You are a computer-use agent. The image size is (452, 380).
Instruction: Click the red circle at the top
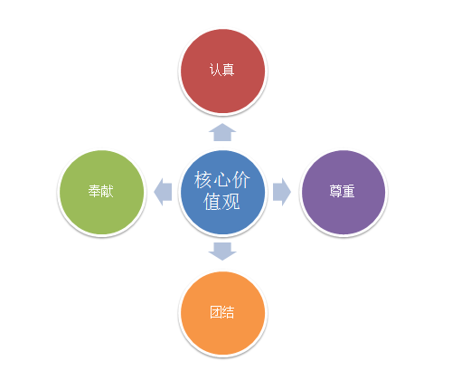(x=222, y=71)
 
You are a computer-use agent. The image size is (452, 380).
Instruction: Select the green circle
(x=102, y=192)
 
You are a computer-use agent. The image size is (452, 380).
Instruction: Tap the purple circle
(x=344, y=192)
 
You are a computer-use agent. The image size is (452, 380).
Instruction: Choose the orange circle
(x=222, y=313)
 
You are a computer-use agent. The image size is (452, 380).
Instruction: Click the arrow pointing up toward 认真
(x=222, y=132)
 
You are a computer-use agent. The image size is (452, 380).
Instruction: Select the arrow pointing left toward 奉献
(x=163, y=192)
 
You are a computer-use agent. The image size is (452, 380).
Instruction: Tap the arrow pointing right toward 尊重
(x=282, y=192)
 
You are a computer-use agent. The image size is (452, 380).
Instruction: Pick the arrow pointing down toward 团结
(x=222, y=252)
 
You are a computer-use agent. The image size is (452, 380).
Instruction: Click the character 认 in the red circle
(x=215, y=70)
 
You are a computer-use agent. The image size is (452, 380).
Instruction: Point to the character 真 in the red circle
(x=229, y=70)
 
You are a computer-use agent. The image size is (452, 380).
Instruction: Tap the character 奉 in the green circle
(x=94, y=191)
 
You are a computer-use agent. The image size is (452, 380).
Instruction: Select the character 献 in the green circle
(x=108, y=191)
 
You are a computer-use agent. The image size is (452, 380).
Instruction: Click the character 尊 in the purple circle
(x=335, y=191)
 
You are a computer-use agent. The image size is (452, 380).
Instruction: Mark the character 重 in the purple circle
(x=349, y=191)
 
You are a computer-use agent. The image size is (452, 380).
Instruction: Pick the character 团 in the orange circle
(x=216, y=312)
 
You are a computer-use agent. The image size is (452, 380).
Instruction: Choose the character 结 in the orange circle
(x=229, y=312)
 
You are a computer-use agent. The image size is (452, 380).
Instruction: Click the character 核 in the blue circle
(x=203, y=180)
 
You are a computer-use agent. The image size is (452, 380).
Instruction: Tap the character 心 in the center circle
(x=222, y=180)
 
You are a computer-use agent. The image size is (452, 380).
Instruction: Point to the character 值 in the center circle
(x=212, y=201)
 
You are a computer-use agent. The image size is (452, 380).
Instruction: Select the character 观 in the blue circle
(x=231, y=201)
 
